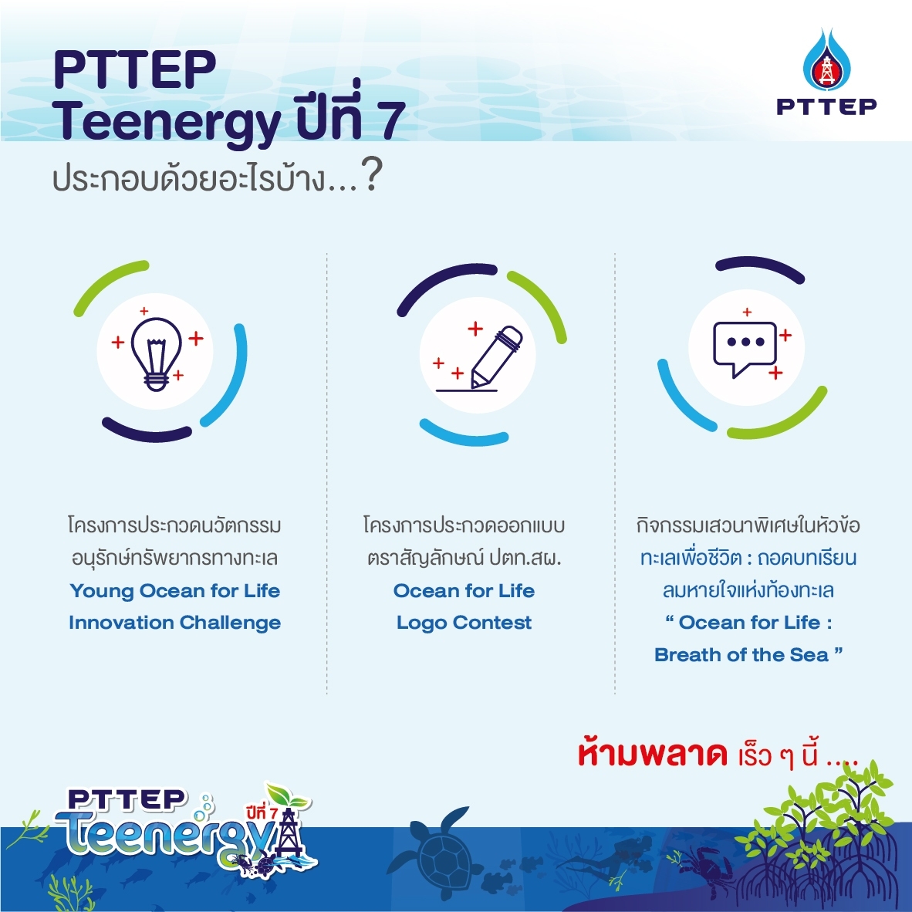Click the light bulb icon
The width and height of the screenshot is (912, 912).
pyautogui.click(x=156, y=353)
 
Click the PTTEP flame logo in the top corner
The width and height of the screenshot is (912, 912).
pyautogui.click(x=826, y=59)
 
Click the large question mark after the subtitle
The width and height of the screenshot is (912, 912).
pyautogui.click(x=371, y=175)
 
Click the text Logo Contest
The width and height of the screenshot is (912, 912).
pyautogui.click(x=464, y=623)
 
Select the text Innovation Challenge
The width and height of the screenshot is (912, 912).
pyautogui.click(x=174, y=623)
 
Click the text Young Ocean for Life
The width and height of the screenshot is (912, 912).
pyautogui.click(x=175, y=591)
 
